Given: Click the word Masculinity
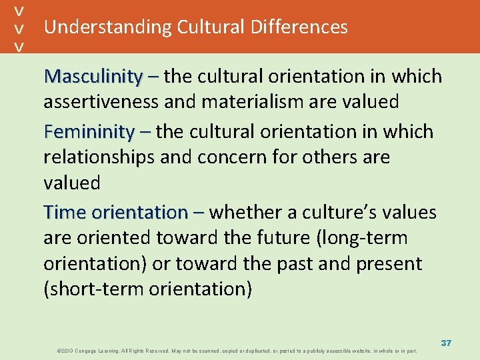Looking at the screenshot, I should [x=93, y=77].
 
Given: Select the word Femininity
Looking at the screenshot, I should [x=89, y=133].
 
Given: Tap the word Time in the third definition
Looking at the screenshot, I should [x=65, y=213].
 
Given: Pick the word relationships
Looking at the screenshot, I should [x=103, y=158].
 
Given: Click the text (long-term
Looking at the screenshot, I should [x=366, y=238].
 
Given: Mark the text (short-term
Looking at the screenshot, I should [x=90, y=289].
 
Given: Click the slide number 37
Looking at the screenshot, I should [x=445, y=343].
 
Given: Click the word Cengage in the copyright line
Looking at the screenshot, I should [x=91, y=350].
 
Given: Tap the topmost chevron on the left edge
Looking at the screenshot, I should [x=20, y=11].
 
